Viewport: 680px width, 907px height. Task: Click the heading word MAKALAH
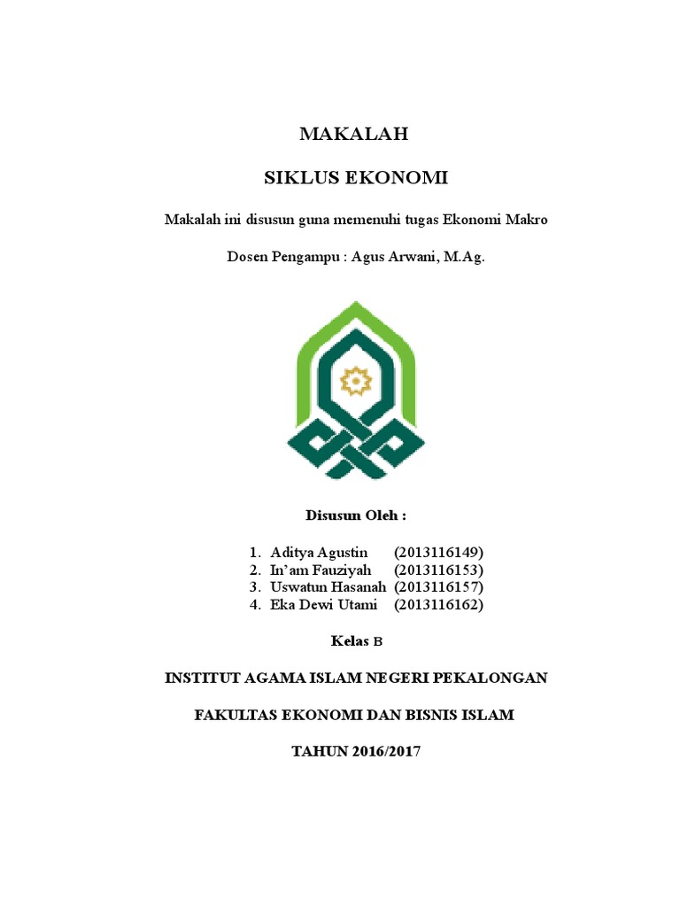(x=354, y=135)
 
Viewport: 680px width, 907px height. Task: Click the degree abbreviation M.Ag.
(x=465, y=258)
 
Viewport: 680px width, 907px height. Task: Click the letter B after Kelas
(x=373, y=641)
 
